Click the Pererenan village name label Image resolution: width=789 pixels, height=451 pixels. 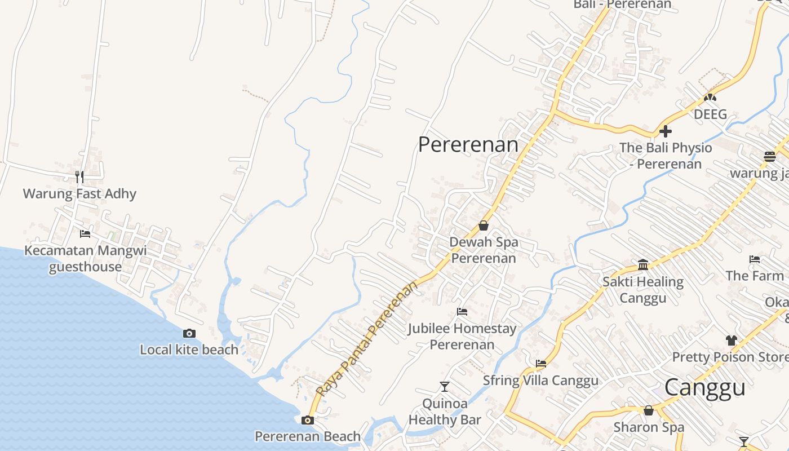(468, 144)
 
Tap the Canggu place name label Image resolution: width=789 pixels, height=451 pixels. (704, 388)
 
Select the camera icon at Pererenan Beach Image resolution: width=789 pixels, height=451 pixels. (307, 420)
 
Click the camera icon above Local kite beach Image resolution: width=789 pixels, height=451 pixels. (189, 333)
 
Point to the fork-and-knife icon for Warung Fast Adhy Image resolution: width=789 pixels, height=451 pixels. (79, 177)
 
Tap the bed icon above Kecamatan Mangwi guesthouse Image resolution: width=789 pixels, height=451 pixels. (85, 233)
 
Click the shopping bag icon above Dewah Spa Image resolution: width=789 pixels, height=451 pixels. (484, 225)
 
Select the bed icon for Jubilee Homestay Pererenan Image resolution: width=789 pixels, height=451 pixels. (462, 311)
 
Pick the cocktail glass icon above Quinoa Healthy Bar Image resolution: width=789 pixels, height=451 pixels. (445, 387)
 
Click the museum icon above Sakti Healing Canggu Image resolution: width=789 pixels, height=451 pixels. (643, 264)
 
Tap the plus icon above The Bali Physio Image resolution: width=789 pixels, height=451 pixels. (666, 131)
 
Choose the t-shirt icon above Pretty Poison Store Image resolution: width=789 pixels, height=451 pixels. (732, 341)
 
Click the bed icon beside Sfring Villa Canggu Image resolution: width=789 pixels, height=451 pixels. (541, 364)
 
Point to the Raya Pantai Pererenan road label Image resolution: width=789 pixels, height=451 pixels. (367, 338)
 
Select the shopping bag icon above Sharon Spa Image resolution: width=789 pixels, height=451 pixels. (649, 410)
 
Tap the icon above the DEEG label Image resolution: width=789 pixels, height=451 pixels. (710, 98)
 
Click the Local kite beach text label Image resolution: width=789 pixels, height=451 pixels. (189, 350)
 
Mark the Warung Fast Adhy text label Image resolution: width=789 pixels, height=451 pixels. (79, 194)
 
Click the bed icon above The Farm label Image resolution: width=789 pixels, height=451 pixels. (755, 259)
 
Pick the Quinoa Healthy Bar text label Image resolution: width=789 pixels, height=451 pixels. (445, 412)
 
